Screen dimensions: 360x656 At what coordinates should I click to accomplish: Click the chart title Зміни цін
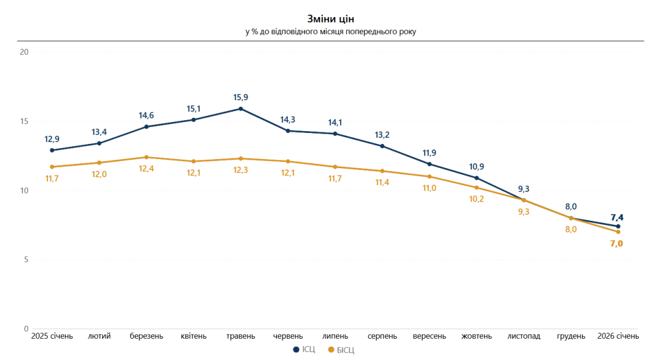click(x=330, y=19)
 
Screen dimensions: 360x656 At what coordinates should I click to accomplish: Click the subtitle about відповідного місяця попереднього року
click(x=330, y=32)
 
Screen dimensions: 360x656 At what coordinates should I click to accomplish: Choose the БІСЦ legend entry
click(x=341, y=350)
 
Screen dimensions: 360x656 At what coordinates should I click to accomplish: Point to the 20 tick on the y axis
click(x=24, y=52)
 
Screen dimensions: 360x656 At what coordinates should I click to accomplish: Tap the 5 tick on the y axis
click(x=26, y=260)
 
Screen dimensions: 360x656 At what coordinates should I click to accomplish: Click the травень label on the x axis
click(x=241, y=336)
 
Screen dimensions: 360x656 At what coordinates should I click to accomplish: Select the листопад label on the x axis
click(x=524, y=336)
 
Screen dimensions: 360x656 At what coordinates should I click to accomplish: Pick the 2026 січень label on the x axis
click(x=618, y=336)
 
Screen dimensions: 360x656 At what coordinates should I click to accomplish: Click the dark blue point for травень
click(x=241, y=109)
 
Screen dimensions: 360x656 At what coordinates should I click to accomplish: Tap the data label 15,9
click(x=241, y=97)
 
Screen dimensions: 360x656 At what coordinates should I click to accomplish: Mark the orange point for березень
click(x=146, y=157)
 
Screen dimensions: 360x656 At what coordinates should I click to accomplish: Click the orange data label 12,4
click(x=146, y=169)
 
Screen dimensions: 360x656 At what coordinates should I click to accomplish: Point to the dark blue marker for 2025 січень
click(x=52, y=150)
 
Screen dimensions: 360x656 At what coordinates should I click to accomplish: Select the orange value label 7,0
click(x=618, y=243)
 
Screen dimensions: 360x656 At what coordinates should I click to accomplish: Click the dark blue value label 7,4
click(x=618, y=217)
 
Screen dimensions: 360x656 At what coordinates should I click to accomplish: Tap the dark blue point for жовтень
click(x=477, y=178)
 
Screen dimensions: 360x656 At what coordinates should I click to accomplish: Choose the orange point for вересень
click(x=429, y=177)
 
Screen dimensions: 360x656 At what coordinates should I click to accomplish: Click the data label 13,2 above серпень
click(x=382, y=134)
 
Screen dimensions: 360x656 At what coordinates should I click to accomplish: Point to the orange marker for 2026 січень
click(x=618, y=232)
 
